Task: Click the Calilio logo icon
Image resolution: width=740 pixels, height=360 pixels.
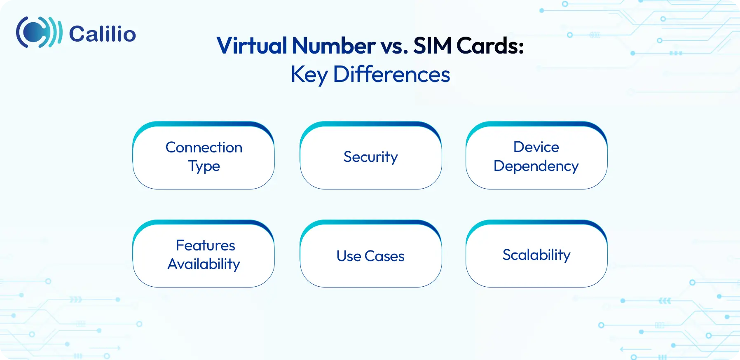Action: coord(39,32)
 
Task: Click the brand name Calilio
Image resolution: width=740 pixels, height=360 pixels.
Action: coord(102,34)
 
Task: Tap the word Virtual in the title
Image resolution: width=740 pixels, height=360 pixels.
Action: coord(252,45)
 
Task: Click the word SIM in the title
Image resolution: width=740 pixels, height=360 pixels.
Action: coord(432,45)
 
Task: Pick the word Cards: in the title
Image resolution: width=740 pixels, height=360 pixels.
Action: coord(490,45)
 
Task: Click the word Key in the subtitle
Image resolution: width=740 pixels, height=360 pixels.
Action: coord(309,75)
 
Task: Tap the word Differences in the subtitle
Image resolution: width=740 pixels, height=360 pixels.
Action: coord(391,74)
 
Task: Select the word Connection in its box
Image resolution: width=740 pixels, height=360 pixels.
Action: coord(204,147)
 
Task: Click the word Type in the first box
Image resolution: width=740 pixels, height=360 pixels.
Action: coord(204,166)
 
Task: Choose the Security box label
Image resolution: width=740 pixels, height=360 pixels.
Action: coord(370,157)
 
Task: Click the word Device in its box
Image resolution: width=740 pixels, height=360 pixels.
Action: coord(536,147)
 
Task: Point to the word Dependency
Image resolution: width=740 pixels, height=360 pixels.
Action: coord(536,166)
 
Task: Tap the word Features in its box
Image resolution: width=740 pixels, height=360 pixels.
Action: coord(205,245)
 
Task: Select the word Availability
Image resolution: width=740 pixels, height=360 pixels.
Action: coord(204,264)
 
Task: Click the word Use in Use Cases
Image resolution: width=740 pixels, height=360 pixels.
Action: coord(349,256)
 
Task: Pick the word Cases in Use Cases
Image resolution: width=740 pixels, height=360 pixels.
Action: coord(384,256)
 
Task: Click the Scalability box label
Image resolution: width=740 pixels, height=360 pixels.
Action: coord(536,255)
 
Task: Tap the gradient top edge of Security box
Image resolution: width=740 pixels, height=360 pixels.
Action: coord(371,124)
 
